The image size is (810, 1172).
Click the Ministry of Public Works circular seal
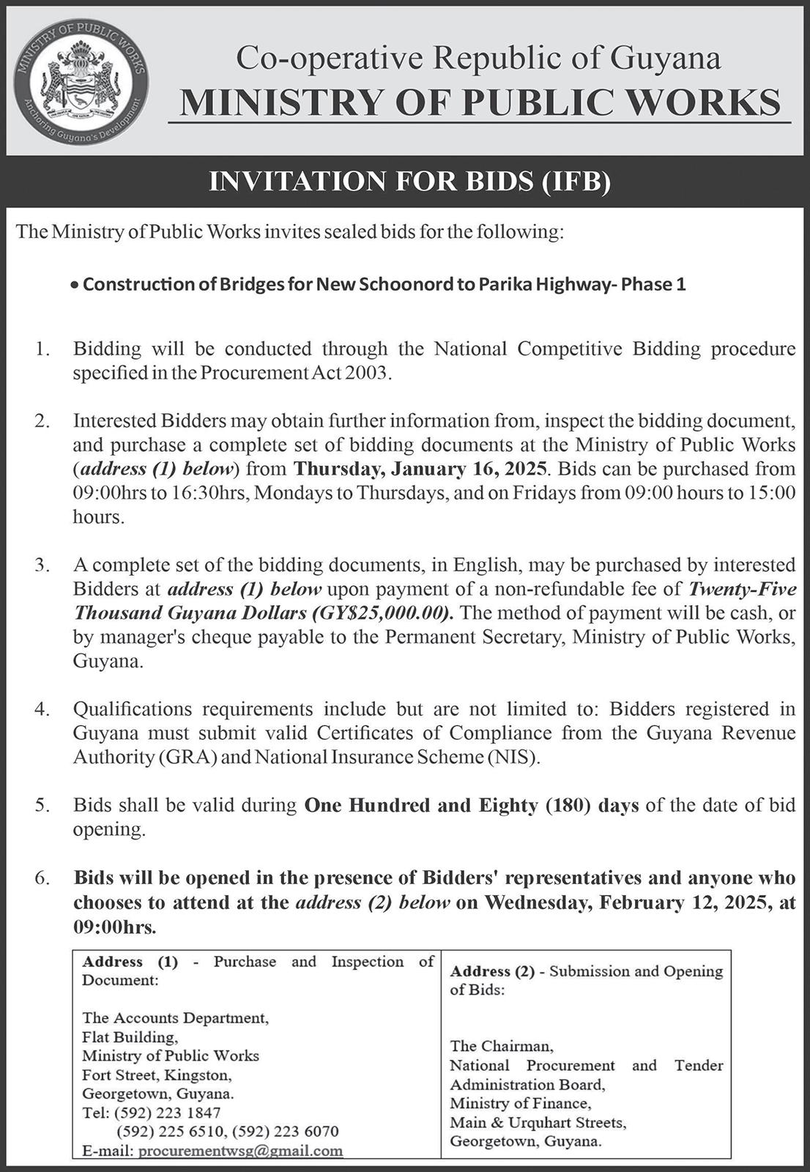(81, 79)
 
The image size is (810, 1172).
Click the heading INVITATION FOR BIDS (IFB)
(409, 182)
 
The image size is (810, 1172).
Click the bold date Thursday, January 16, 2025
(420, 469)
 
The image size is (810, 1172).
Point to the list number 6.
(42, 878)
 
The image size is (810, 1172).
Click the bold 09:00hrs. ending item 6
(115, 927)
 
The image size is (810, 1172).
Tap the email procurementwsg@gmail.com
(240, 1150)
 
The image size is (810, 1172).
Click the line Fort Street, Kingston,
(157, 1075)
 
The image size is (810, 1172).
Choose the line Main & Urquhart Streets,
(538, 1121)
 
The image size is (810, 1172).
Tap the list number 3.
(42, 565)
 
